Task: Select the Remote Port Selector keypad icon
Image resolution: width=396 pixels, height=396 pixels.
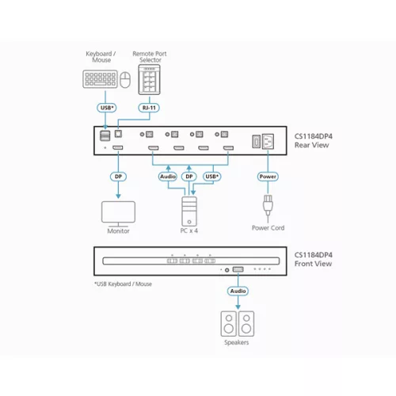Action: pos(149,79)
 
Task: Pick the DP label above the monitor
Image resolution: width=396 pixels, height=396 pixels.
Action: pos(116,177)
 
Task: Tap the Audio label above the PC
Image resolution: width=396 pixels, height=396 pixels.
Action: pos(167,177)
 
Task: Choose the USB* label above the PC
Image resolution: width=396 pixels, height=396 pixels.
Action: pos(211,177)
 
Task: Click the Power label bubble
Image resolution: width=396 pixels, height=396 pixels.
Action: pos(266,177)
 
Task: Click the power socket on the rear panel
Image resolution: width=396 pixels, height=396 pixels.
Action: pos(268,142)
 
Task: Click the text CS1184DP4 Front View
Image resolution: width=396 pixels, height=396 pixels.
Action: pos(316,260)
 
